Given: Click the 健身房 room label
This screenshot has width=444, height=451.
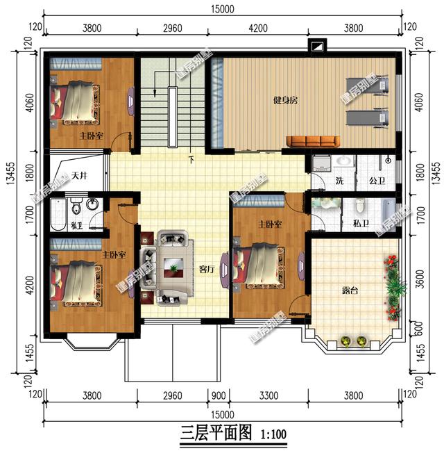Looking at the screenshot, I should click(x=284, y=101).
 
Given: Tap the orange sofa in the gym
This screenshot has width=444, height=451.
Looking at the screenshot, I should click(x=312, y=142).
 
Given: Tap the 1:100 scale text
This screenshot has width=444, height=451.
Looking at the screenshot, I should click(x=273, y=435).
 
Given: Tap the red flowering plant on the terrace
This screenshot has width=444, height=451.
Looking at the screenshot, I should click(x=392, y=263).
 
